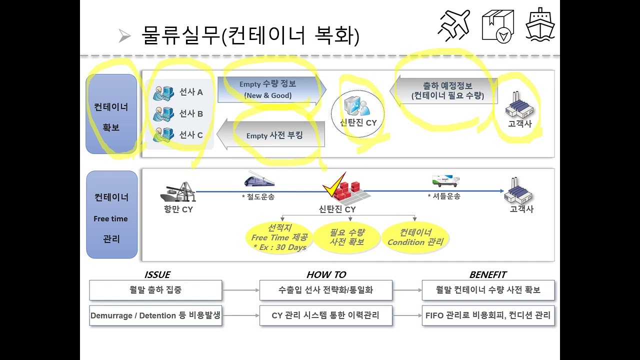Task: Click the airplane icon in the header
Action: click(454, 25)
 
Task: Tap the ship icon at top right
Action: click(540, 24)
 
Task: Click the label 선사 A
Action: click(191, 92)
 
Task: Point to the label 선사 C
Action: click(191, 134)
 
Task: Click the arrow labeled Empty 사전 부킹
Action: click(271, 134)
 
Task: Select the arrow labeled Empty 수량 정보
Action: click(272, 89)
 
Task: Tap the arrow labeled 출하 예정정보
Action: click(443, 90)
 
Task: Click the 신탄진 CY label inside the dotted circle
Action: click(358, 122)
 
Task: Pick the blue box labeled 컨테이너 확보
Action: click(111, 114)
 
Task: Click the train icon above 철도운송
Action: click(259, 179)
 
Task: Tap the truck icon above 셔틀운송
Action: click(445, 180)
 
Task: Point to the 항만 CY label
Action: click(178, 209)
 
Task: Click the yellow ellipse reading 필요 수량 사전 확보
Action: click(347, 237)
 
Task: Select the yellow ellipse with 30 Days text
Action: click(279, 237)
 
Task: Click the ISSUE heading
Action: click(157, 274)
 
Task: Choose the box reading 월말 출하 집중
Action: click(155, 290)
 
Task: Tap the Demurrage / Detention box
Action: click(155, 315)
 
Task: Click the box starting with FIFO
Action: click(488, 315)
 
